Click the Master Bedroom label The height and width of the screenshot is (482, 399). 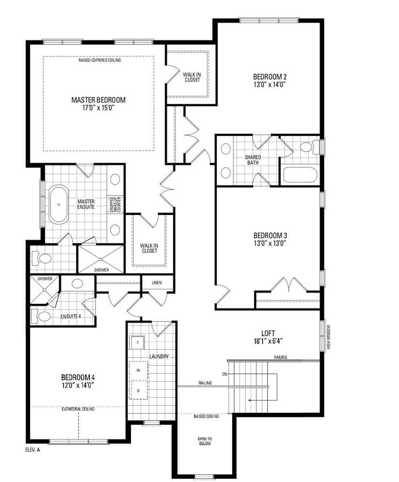coord(99,100)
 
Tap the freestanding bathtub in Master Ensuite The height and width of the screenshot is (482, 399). coord(59,204)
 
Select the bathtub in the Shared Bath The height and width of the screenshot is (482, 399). coord(300,175)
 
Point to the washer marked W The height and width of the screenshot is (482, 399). coord(138,370)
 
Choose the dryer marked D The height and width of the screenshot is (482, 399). coord(138,390)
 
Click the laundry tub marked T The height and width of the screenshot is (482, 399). coord(138,342)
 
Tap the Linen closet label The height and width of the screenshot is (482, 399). coord(157,282)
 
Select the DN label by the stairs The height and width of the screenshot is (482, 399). coord(225,374)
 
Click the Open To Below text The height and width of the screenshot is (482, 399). coord(205,441)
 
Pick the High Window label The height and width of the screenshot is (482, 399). coord(329,337)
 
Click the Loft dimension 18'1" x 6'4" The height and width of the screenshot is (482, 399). coord(268,341)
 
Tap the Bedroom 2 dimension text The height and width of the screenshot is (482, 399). coord(270,84)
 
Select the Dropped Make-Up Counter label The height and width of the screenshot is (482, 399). coord(115,204)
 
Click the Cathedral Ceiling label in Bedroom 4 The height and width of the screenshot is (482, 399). coord(78,409)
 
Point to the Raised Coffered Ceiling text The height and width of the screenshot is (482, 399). coord(100,60)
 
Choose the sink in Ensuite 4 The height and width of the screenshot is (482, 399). coord(77,283)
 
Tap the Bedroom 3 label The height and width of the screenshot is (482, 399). coord(270,235)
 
